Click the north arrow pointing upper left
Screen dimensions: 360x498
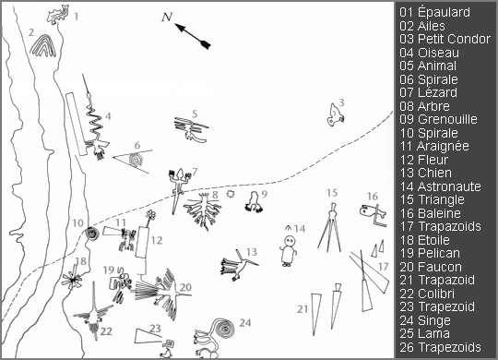pos(196,34)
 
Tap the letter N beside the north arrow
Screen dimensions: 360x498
pos(166,17)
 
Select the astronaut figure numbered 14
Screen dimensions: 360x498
pos(290,249)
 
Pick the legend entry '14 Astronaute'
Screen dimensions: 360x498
pos(443,186)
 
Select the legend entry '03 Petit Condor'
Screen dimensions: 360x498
pos(445,39)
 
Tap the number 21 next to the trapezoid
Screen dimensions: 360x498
pos(302,307)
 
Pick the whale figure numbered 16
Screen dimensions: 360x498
pos(371,215)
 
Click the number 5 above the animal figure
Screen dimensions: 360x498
pos(195,114)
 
